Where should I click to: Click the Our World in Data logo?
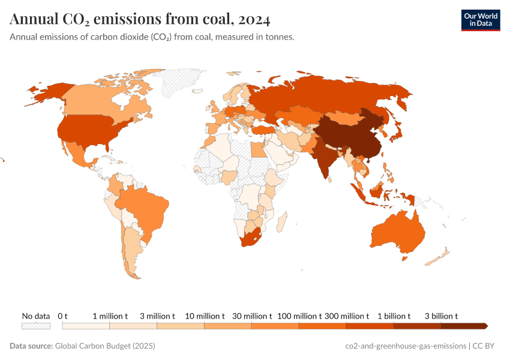coord(480,20)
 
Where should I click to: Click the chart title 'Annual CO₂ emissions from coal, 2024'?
coord(140,20)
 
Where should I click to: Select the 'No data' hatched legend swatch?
coord(35,326)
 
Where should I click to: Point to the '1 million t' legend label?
coord(110,316)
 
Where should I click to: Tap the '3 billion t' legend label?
coord(441,316)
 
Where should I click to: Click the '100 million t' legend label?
coord(299,316)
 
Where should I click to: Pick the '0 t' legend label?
coord(63,316)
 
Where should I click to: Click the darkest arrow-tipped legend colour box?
coord(464,326)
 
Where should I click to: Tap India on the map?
coord(324,156)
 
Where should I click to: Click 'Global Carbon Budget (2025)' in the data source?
coord(105,346)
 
